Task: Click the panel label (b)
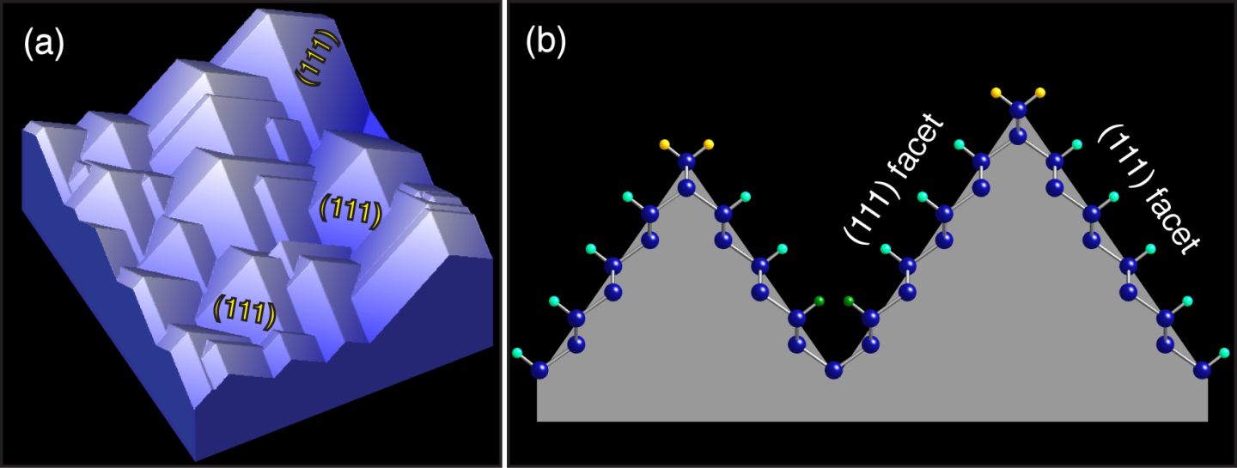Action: pyautogui.click(x=545, y=42)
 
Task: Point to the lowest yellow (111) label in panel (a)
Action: pyautogui.click(x=245, y=311)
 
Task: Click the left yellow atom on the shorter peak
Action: pyautogui.click(x=665, y=144)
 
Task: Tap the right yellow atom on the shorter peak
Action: pyautogui.click(x=709, y=144)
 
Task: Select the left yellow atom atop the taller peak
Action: pyautogui.click(x=996, y=92)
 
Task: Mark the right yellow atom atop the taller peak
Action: pyautogui.click(x=1040, y=92)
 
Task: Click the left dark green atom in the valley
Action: pyautogui.click(x=819, y=301)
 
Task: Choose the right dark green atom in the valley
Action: pyautogui.click(x=849, y=301)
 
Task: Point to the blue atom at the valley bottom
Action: pyautogui.click(x=834, y=370)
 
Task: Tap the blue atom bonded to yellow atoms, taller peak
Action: pyautogui.click(x=1018, y=109)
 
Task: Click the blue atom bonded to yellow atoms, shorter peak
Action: pyautogui.click(x=686, y=161)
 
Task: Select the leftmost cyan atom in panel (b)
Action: pyautogui.click(x=517, y=353)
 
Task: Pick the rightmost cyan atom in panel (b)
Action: pyautogui.click(x=1224, y=353)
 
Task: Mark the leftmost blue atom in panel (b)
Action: pyautogui.click(x=539, y=370)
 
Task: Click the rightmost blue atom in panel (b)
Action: pyautogui.click(x=1203, y=370)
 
